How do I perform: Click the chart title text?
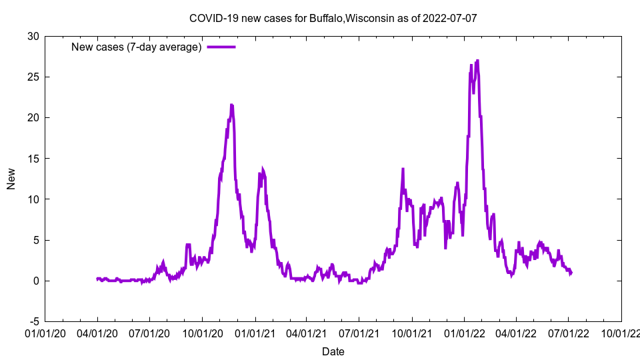point(333,18)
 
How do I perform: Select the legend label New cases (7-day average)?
point(136,47)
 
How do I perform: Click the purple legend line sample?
point(221,47)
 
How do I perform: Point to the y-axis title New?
point(11,179)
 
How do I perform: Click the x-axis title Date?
point(333,351)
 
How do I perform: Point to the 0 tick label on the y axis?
point(36,281)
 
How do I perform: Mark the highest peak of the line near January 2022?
point(477,61)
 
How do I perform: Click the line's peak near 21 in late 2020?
point(231,105)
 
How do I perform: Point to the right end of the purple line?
point(571,273)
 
